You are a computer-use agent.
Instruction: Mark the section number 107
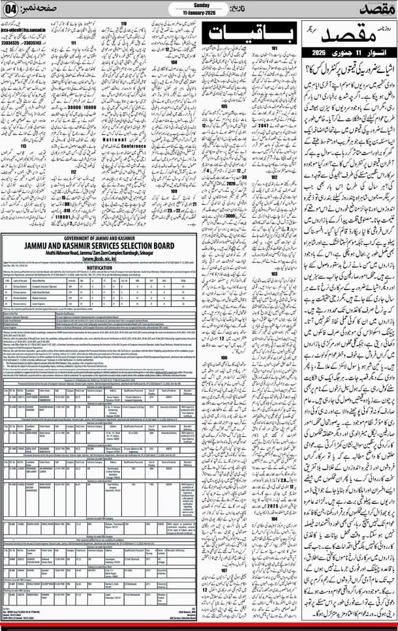point(224,552)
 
